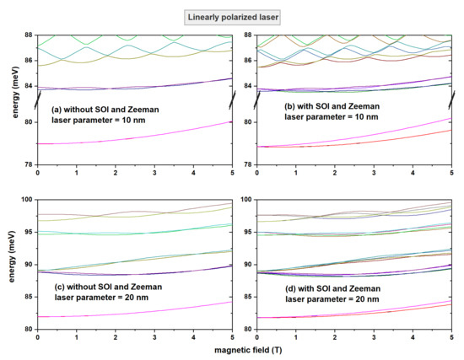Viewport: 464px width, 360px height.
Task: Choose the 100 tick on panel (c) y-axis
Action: [x=25, y=200]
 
